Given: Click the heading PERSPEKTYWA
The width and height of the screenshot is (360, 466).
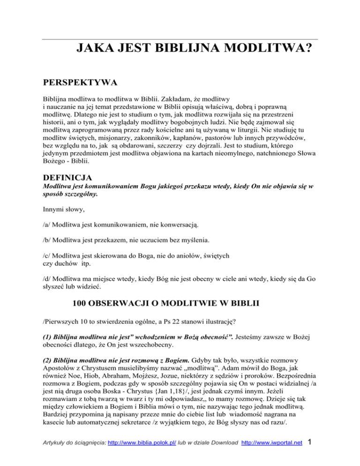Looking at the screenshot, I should pos(77,83).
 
